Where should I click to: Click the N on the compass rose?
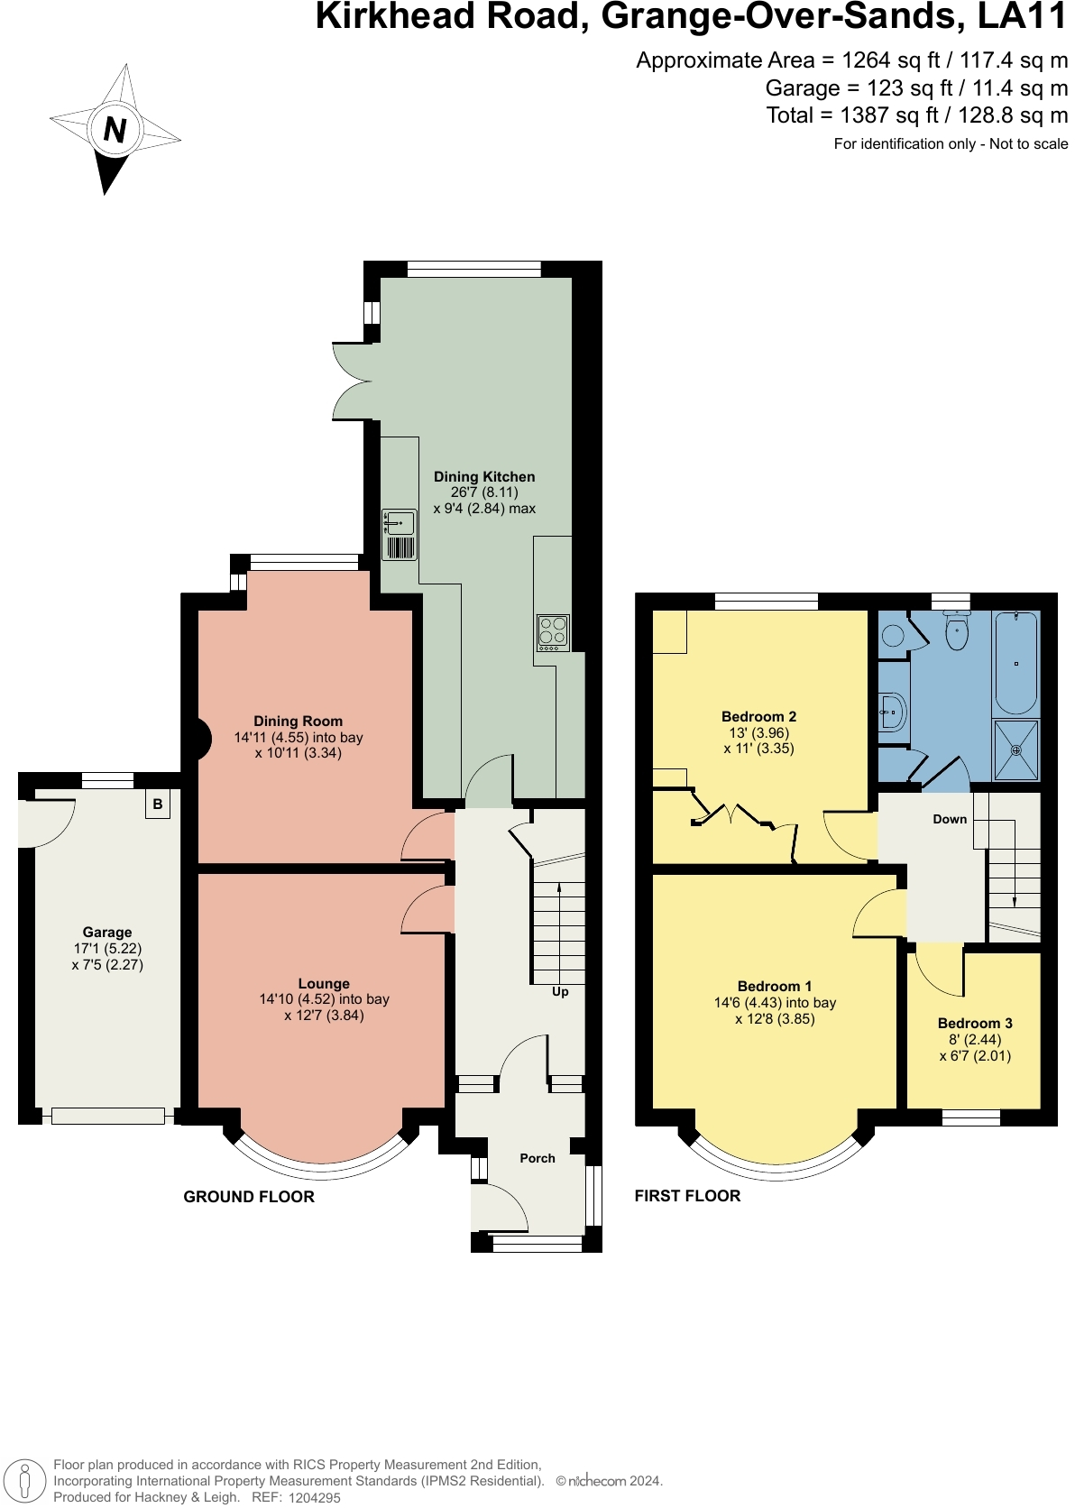point(115,129)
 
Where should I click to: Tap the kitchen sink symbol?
point(400,535)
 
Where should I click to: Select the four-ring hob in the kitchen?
point(553,633)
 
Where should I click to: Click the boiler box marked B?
point(158,804)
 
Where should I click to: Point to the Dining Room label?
point(299,721)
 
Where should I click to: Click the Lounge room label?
point(324,984)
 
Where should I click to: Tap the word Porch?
point(537,1158)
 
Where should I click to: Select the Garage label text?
point(107,933)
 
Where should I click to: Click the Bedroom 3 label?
point(975,1024)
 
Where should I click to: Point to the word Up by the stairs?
point(560,991)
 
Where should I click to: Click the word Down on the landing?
point(950,819)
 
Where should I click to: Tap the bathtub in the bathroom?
point(1015,662)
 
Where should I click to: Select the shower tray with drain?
point(1016,750)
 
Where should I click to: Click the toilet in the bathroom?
point(957,630)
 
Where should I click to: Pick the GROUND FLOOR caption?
point(249,1196)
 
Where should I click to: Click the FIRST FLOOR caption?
point(687,1196)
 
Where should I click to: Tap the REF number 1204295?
point(315,1497)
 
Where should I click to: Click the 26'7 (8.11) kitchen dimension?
point(484,492)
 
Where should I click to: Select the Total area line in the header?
point(917,115)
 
